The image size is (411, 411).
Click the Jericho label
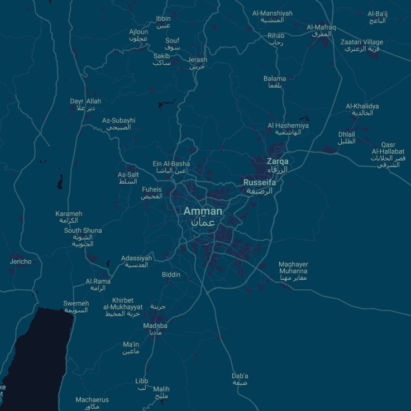click(x=21, y=261)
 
